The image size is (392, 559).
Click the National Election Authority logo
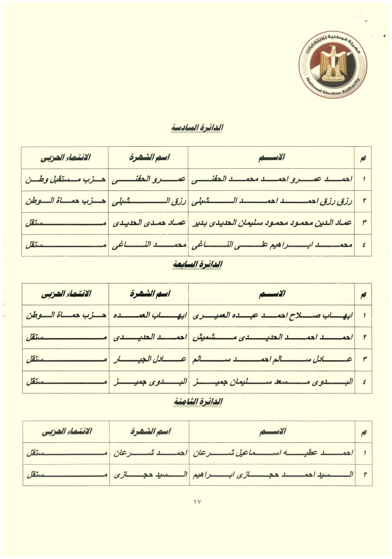pos(332,64)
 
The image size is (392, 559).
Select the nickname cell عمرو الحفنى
pos(148,179)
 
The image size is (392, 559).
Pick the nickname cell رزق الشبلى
pos(148,201)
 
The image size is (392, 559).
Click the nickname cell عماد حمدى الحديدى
pos(148,223)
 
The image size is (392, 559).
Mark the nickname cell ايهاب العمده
pos(148,316)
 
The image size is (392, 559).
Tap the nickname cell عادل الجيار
pos(148,360)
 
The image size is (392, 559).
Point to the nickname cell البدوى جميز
pos(148,382)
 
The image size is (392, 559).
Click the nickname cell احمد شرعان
pos(148,453)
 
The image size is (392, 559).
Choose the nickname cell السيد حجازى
pos(148,475)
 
